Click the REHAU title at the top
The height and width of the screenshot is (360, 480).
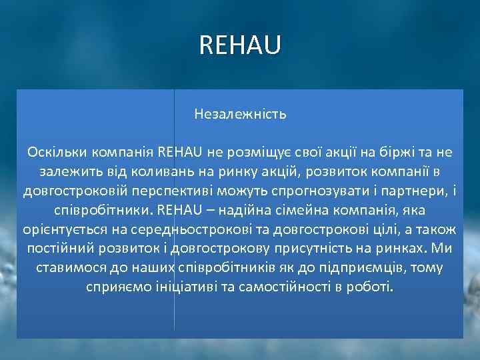point(240,45)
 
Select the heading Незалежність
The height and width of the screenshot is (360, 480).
point(240,114)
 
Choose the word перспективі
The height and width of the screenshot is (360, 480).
point(185,191)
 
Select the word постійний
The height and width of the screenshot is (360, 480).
point(57,249)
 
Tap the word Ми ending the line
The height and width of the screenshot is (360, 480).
point(441,249)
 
